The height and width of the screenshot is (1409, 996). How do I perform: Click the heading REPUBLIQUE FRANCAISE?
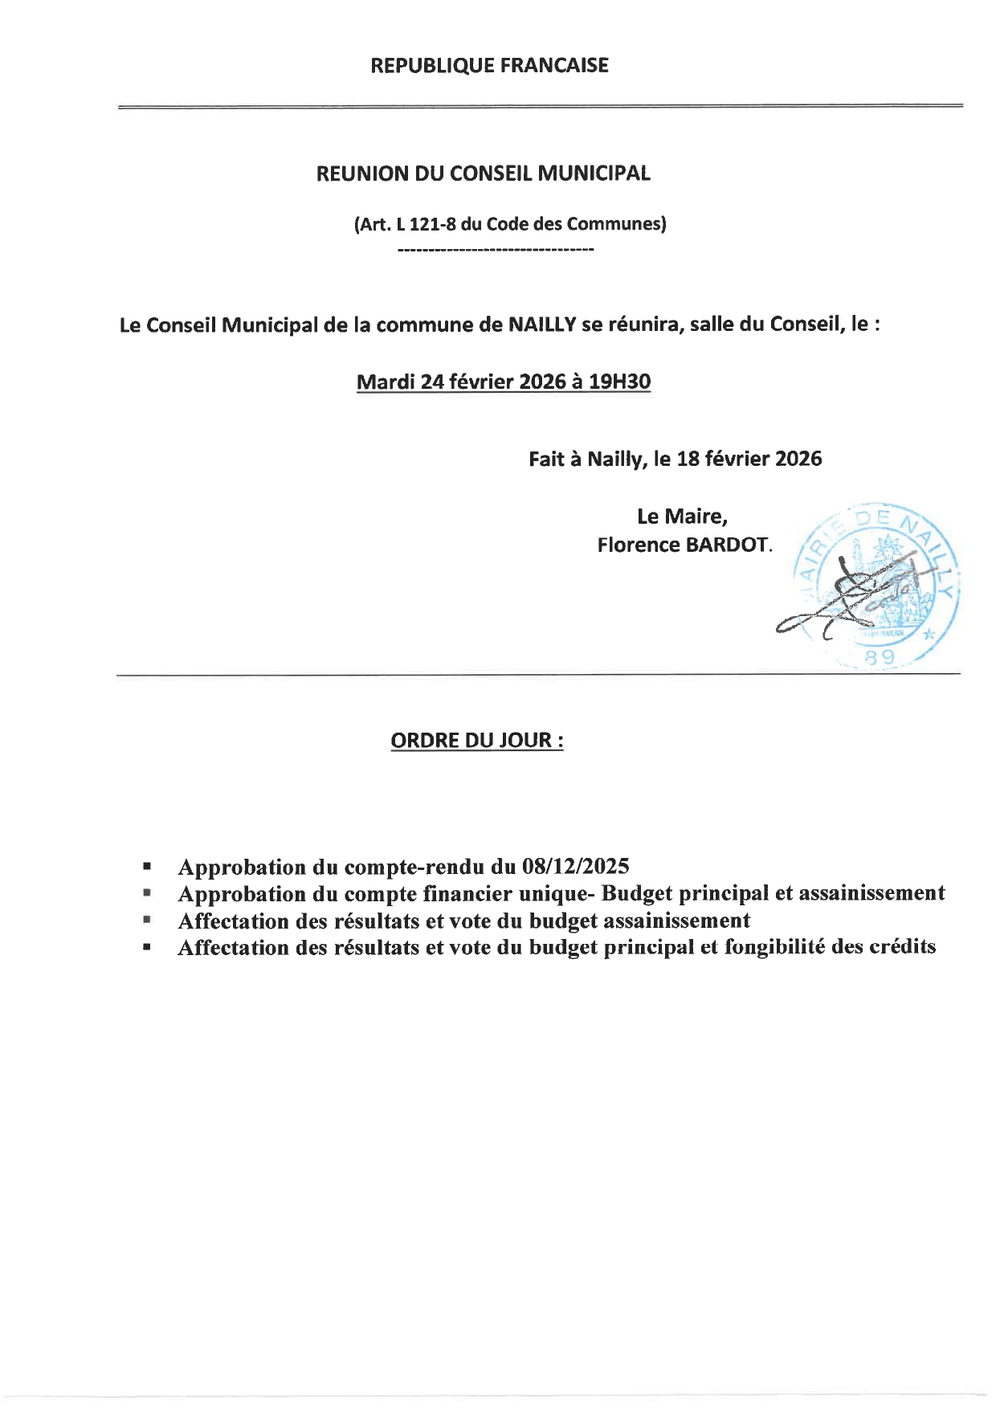(x=489, y=65)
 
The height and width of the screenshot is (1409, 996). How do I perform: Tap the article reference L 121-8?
(x=427, y=224)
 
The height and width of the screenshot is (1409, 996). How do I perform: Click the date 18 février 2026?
(x=749, y=459)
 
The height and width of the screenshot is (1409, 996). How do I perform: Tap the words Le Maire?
(x=682, y=516)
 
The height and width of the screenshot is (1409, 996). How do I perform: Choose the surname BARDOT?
(x=727, y=545)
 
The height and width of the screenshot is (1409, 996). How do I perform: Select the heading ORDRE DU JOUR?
(x=476, y=740)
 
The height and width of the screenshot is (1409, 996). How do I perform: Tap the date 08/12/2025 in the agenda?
(x=574, y=867)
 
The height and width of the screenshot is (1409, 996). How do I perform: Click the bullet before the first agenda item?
(x=147, y=868)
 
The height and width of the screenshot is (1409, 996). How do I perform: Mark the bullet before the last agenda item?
(x=147, y=947)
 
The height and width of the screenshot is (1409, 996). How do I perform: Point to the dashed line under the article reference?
(x=496, y=251)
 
